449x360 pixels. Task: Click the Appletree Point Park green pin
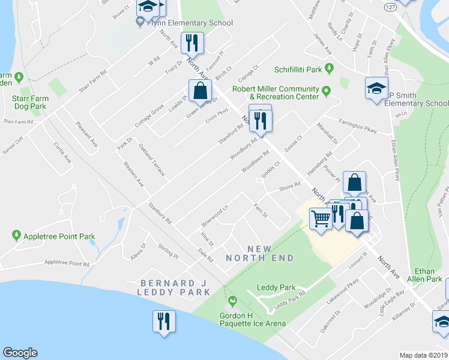pyautogui.click(x=17, y=236)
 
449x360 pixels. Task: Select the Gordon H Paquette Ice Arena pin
pyautogui.click(x=233, y=301)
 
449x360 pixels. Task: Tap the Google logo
pyautogui.click(x=20, y=353)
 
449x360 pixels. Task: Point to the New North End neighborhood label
pyautogui.click(x=260, y=253)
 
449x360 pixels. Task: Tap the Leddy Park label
pyautogui.click(x=276, y=287)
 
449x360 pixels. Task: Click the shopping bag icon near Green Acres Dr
pyautogui.click(x=200, y=91)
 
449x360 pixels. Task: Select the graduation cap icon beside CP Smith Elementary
pyautogui.click(x=376, y=88)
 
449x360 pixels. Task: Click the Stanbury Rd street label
pyautogui.click(x=160, y=213)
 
